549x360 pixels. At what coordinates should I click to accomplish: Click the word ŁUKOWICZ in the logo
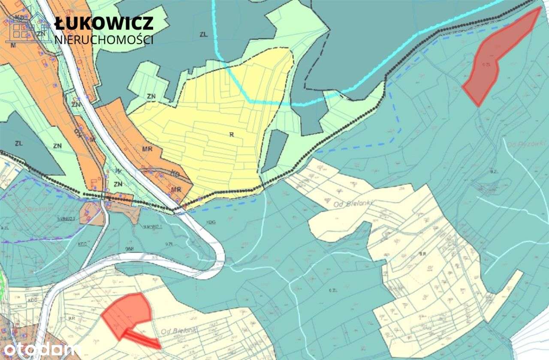104,23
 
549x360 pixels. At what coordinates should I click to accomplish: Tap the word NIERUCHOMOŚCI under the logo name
104,40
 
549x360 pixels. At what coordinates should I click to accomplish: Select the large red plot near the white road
128,313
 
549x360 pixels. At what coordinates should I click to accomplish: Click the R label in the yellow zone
231,134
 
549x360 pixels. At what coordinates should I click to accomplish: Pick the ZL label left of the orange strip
18,143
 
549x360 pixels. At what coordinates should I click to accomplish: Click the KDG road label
211,222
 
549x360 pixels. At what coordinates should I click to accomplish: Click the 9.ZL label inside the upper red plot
486,64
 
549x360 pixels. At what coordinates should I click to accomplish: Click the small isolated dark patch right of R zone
275,150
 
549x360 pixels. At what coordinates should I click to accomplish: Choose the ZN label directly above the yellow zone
151,96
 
